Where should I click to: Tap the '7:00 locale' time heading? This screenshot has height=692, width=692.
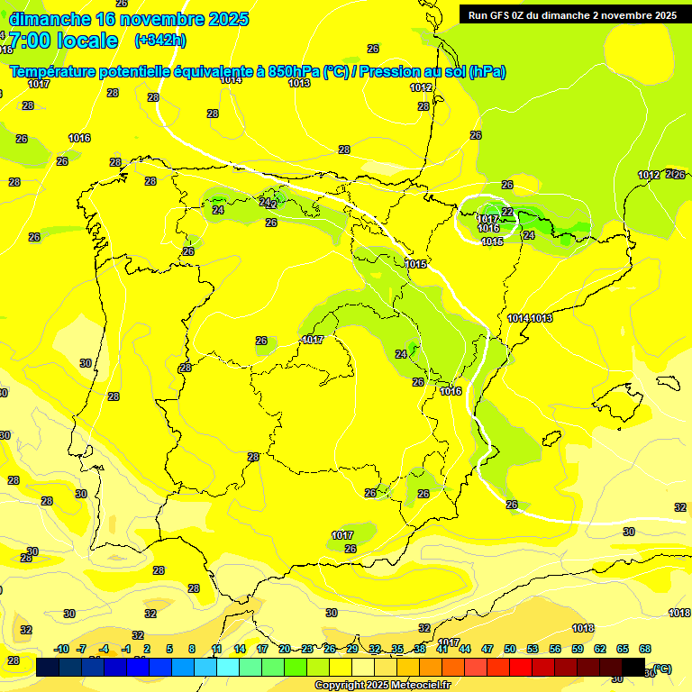(x=62, y=41)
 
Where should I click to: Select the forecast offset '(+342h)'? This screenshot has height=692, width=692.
(x=159, y=41)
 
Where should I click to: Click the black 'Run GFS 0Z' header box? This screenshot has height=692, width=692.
(x=572, y=14)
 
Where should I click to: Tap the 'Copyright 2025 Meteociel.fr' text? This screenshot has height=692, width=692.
(x=382, y=686)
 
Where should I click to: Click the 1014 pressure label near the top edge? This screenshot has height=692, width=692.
(x=231, y=80)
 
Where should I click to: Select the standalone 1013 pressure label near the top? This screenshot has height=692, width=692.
(x=300, y=83)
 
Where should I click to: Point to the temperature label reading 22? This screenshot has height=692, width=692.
(x=507, y=212)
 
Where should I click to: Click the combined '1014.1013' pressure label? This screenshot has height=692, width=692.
(x=530, y=318)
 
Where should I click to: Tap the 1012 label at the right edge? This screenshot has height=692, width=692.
(x=649, y=175)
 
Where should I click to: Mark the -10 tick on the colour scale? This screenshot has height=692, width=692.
(x=61, y=649)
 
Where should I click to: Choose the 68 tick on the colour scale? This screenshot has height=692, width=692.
(x=645, y=649)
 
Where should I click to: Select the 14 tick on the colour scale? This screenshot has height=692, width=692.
(x=240, y=649)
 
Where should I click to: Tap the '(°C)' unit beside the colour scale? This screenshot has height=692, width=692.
(x=662, y=669)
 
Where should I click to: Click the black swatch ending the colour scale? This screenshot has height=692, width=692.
(x=633, y=668)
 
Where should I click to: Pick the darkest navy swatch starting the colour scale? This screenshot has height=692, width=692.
(x=48, y=668)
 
